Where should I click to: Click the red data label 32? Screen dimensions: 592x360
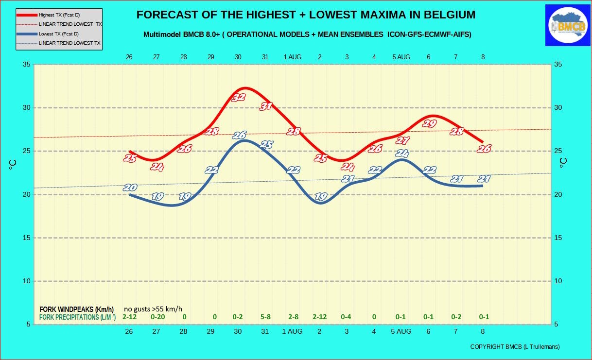tap(239, 98)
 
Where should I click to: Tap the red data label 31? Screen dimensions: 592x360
tap(266, 106)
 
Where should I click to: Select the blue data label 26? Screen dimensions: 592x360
tap(240, 135)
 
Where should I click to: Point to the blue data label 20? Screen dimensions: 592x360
tap(130, 188)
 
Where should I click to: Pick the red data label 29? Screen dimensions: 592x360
tap(429, 123)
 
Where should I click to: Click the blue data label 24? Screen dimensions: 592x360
tap(402, 153)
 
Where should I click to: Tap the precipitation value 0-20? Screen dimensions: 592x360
tap(158, 317)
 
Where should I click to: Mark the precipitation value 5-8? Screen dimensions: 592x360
tap(265, 317)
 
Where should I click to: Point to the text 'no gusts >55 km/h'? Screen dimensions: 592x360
tap(153, 309)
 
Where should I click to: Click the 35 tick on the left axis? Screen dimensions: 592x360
tap(27, 65)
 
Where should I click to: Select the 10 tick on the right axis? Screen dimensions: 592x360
tap(558, 281)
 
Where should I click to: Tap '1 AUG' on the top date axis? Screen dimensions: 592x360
tap(293, 57)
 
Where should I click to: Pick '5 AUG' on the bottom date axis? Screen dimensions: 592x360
tap(401, 331)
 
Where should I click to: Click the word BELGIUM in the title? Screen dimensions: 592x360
tap(450, 15)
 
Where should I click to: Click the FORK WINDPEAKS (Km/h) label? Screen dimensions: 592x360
tap(77, 309)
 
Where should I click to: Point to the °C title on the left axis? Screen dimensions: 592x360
tap(13, 165)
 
